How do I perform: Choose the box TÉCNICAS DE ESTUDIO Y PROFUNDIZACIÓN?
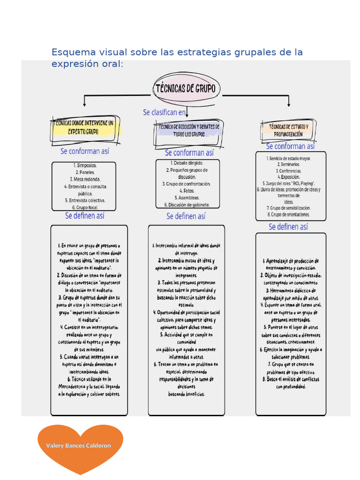click(288, 130)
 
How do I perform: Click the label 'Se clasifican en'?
click(164, 112)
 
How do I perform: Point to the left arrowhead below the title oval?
click(84, 104)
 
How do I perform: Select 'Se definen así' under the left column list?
click(85, 216)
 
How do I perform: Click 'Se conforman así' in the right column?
click(291, 146)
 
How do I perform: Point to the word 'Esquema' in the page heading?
click(71, 52)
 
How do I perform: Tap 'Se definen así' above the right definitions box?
click(288, 227)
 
